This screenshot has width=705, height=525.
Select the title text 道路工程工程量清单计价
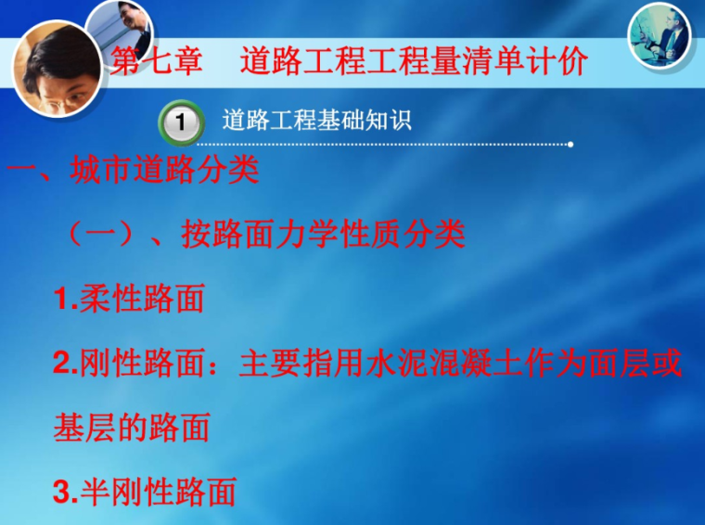click(x=414, y=62)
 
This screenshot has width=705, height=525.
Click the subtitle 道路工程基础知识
click(x=316, y=121)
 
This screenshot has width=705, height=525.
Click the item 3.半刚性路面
click(x=144, y=492)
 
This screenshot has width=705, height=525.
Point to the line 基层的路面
click(x=131, y=427)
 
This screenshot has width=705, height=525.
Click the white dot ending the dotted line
click(x=570, y=145)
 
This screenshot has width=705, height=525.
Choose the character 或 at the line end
click(x=666, y=363)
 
